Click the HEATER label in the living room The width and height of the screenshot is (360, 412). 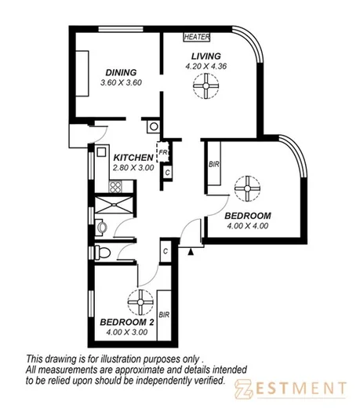click(195, 37)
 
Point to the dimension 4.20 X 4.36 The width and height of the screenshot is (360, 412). click(207, 67)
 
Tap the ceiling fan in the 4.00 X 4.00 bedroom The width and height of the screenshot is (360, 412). click(247, 189)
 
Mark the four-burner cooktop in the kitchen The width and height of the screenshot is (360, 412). click(115, 187)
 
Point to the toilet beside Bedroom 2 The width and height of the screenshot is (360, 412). click(107, 253)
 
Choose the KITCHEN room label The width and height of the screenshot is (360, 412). click(132, 157)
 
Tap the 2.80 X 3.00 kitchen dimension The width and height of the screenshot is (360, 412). click(132, 168)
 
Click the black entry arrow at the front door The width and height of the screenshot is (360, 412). click(191, 251)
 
